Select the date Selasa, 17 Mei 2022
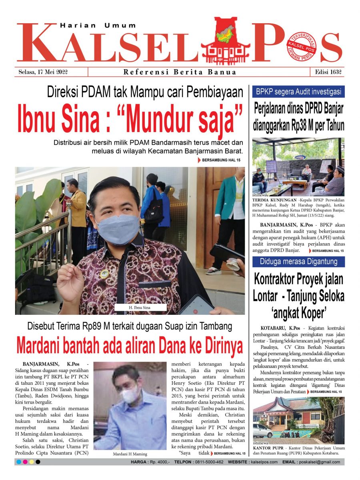tap(43, 72)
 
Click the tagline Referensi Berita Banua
tap(180, 72)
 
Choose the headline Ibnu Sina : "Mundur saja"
tap(130, 119)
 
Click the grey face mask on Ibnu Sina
tap(117, 229)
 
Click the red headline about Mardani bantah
tap(130, 346)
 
